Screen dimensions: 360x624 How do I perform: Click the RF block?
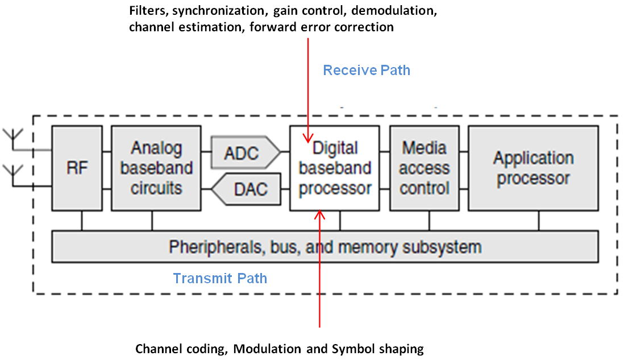[x=77, y=168]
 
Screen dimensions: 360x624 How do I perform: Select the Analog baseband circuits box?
[x=156, y=168]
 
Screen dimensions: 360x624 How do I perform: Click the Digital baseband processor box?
[x=335, y=168]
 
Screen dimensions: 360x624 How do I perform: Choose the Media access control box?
[x=425, y=168]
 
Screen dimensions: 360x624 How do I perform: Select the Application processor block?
[x=533, y=168]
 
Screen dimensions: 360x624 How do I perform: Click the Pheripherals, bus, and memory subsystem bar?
[x=325, y=247]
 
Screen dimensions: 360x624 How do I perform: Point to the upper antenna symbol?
[x=13, y=136]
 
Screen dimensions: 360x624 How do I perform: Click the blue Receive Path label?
[x=367, y=71]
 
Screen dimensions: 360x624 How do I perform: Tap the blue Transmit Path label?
[x=220, y=279]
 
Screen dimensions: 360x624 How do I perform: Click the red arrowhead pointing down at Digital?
[x=308, y=138]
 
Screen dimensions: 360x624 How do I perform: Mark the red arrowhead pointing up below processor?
[x=320, y=215]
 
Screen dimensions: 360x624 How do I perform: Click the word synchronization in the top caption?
[x=207, y=11]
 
